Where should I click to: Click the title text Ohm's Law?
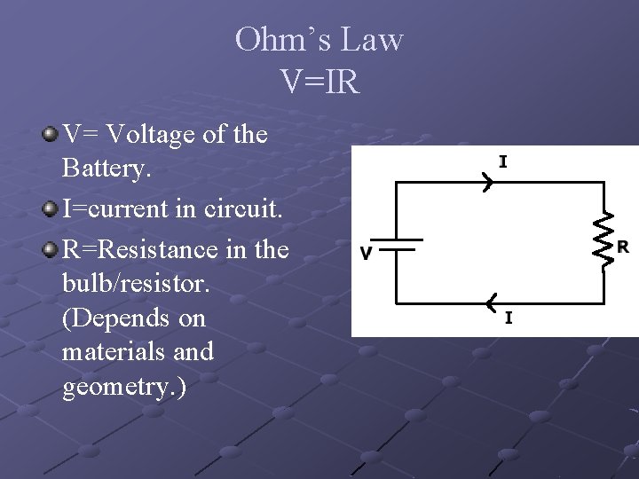pos(319,40)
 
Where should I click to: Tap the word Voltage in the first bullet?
pos(156,135)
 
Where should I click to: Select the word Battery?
pos(104,169)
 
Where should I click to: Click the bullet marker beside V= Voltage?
pos(50,135)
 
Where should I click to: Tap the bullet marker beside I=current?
pos(50,209)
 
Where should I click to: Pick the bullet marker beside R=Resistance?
pos(50,249)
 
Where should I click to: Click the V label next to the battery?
pos(366,254)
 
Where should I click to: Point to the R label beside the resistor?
pos(623,246)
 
